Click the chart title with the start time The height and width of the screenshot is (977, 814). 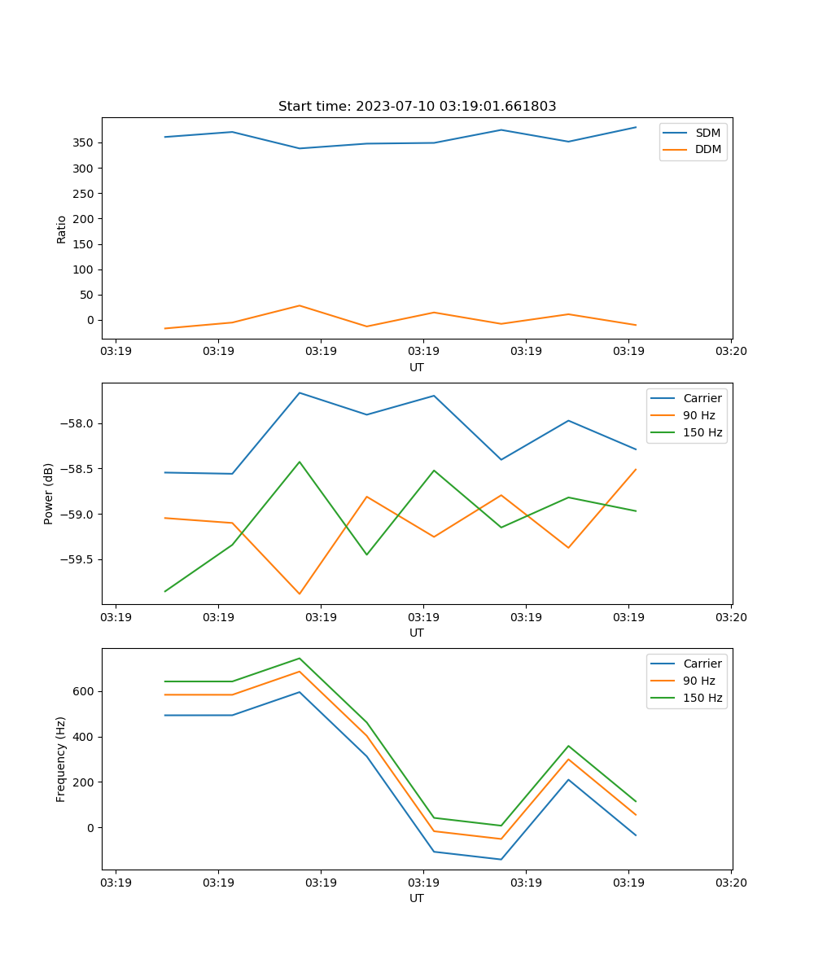pyautogui.click(x=417, y=107)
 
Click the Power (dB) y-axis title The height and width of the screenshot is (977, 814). pyautogui.click(x=49, y=493)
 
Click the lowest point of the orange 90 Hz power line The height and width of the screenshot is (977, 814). pyautogui.click(x=300, y=594)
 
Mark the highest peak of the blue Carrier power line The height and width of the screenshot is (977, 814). pyautogui.click(x=300, y=392)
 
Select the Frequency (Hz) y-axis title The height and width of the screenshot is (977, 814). pyautogui.click(x=62, y=759)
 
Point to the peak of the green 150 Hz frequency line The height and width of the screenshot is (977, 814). pyautogui.click(x=300, y=658)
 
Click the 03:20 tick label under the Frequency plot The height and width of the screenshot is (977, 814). pyautogui.click(x=730, y=883)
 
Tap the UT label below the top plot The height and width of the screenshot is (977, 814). pyautogui.click(x=417, y=367)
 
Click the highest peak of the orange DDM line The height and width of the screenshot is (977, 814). pyautogui.click(x=300, y=305)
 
